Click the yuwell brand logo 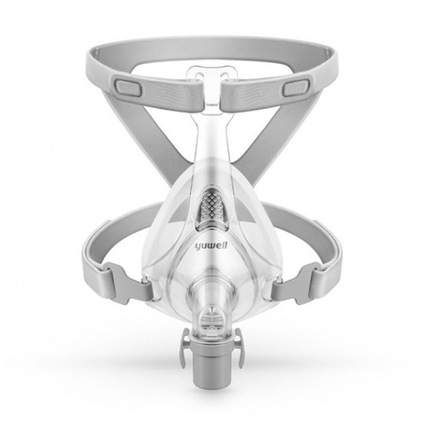coord(210,246)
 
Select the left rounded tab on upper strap coord(127,87)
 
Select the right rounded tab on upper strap coord(297,87)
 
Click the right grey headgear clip coord(297,283)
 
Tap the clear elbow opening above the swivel coord(212,318)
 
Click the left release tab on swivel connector coord(186,347)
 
